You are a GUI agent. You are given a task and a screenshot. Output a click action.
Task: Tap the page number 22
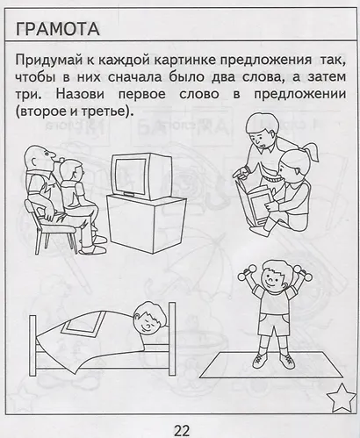(181, 428)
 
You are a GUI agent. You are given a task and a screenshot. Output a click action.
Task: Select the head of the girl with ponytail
(292, 164)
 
